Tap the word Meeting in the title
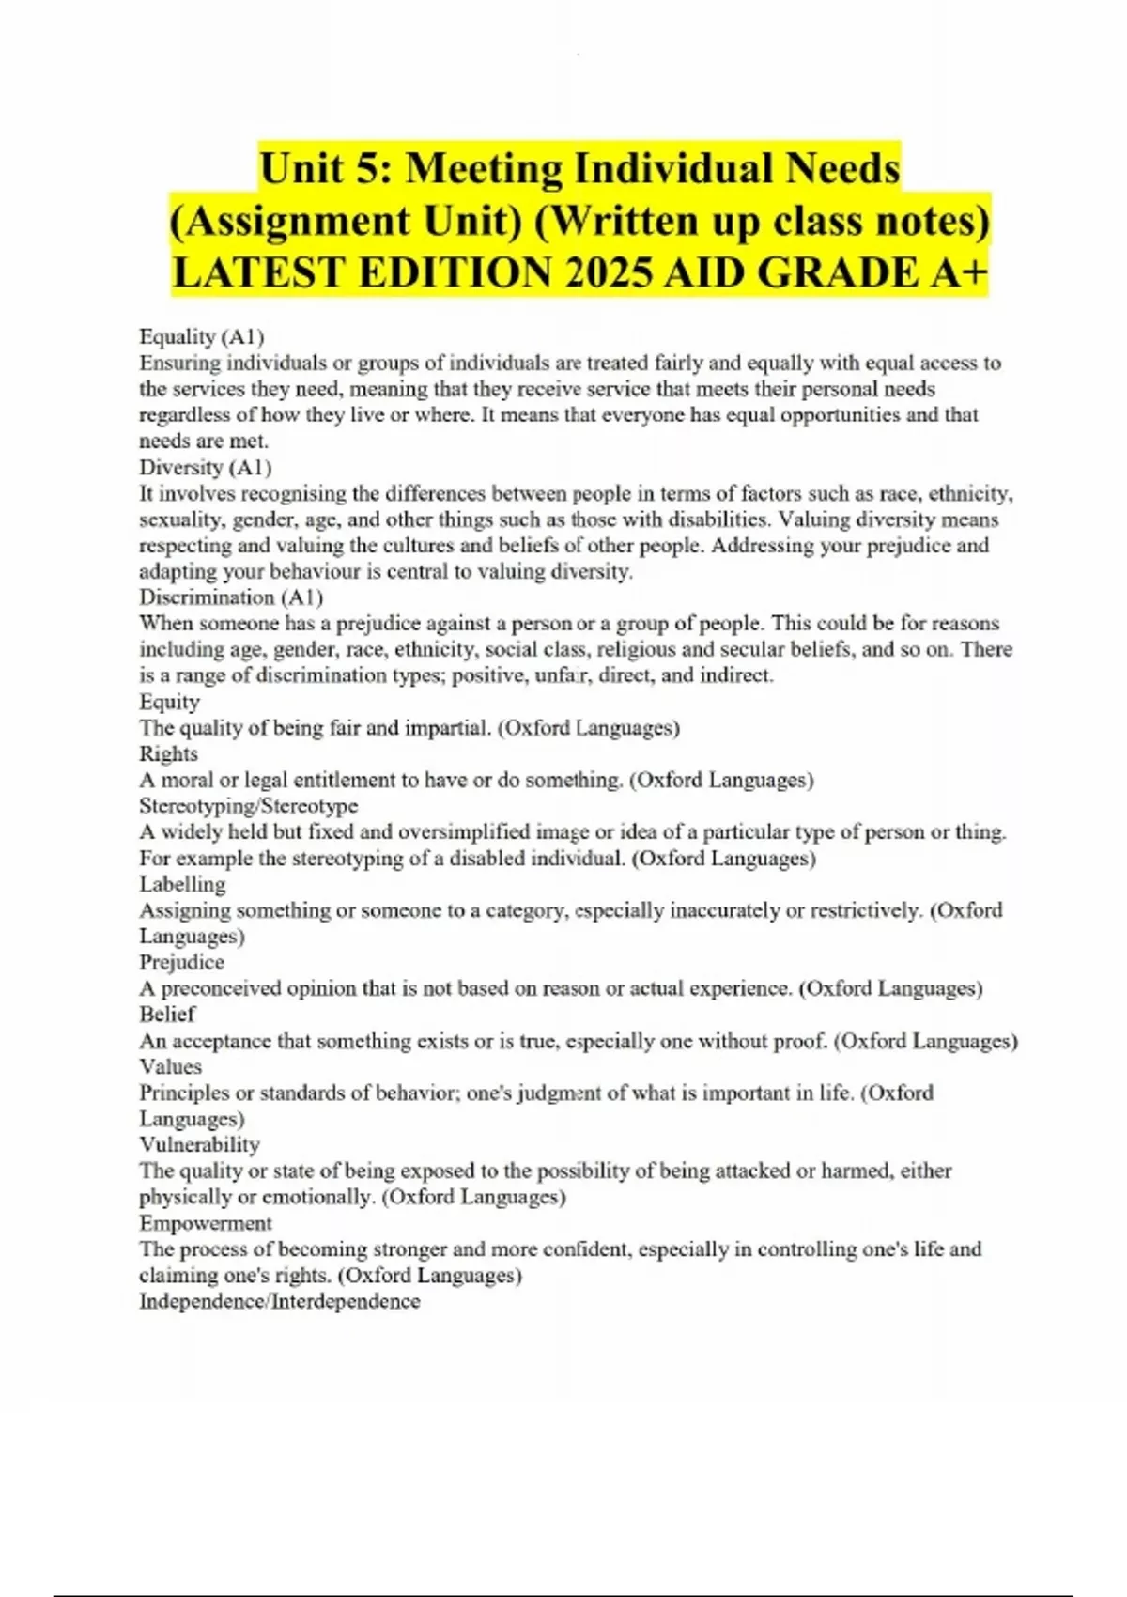(x=484, y=169)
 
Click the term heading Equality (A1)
(x=201, y=336)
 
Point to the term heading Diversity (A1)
(x=205, y=467)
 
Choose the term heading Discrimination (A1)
(x=231, y=597)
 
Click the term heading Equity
(x=169, y=702)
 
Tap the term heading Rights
(x=168, y=753)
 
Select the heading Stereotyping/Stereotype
(x=248, y=806)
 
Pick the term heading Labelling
(x=182, y=884)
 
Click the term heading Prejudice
(x=181, y=962)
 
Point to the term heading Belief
(x=167, y=1015)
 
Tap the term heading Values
(x=170, y=1066)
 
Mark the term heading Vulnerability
(x=199, y=1144)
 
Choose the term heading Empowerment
(x=206, y=1223)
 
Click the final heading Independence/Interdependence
(x=279, y=1301)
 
